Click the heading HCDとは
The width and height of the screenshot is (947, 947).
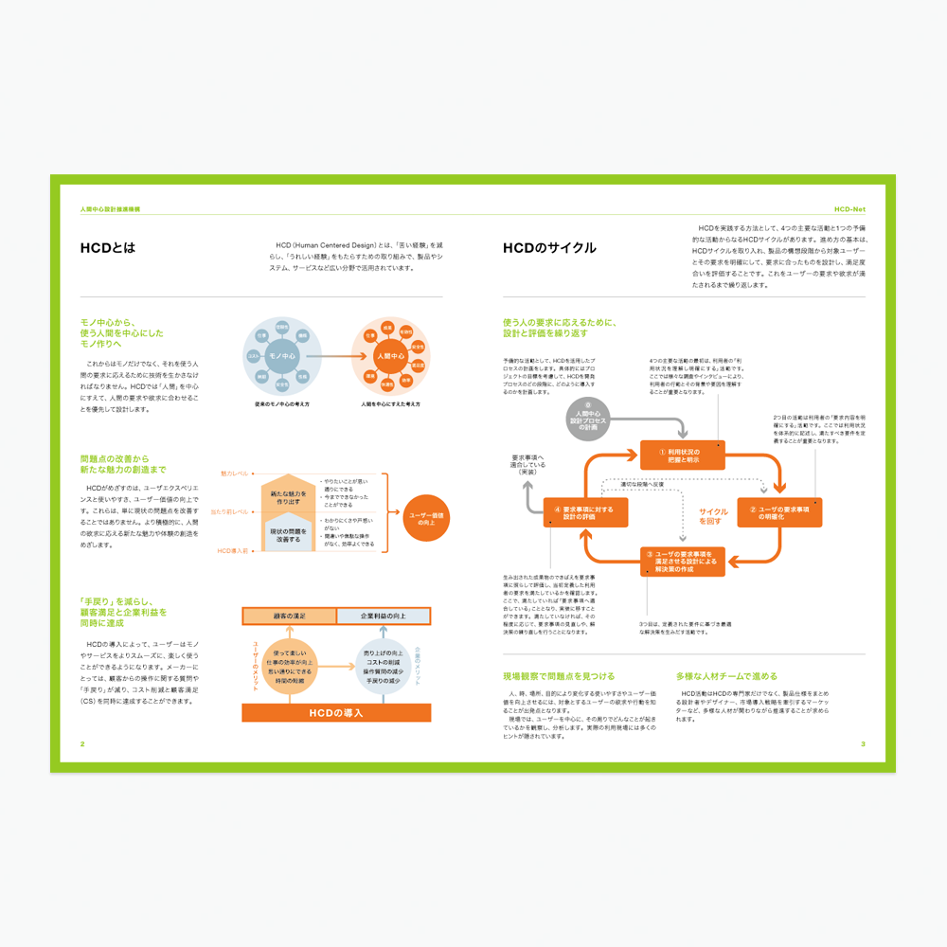(x=108, y=248)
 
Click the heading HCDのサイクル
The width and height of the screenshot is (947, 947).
(x=549, y=248)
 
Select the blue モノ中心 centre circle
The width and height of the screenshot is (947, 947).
(x=283, y=356)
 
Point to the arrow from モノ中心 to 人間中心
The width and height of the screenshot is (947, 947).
(x=336, y=356)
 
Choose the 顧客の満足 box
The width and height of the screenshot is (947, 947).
(x=288, y=616)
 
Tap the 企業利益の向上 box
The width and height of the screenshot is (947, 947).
(x=383, y=616)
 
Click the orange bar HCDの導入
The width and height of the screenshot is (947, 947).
(x=336, y=712)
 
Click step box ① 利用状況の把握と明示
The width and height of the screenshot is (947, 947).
(x=682, y=456)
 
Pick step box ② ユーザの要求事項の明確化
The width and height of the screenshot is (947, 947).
(x=779, y=512)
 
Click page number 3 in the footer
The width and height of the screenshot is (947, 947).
(x=863, y=743)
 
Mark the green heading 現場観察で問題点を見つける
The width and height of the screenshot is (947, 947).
(x=559, y=676)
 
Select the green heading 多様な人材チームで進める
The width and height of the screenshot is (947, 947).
(x=726, y=676)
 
